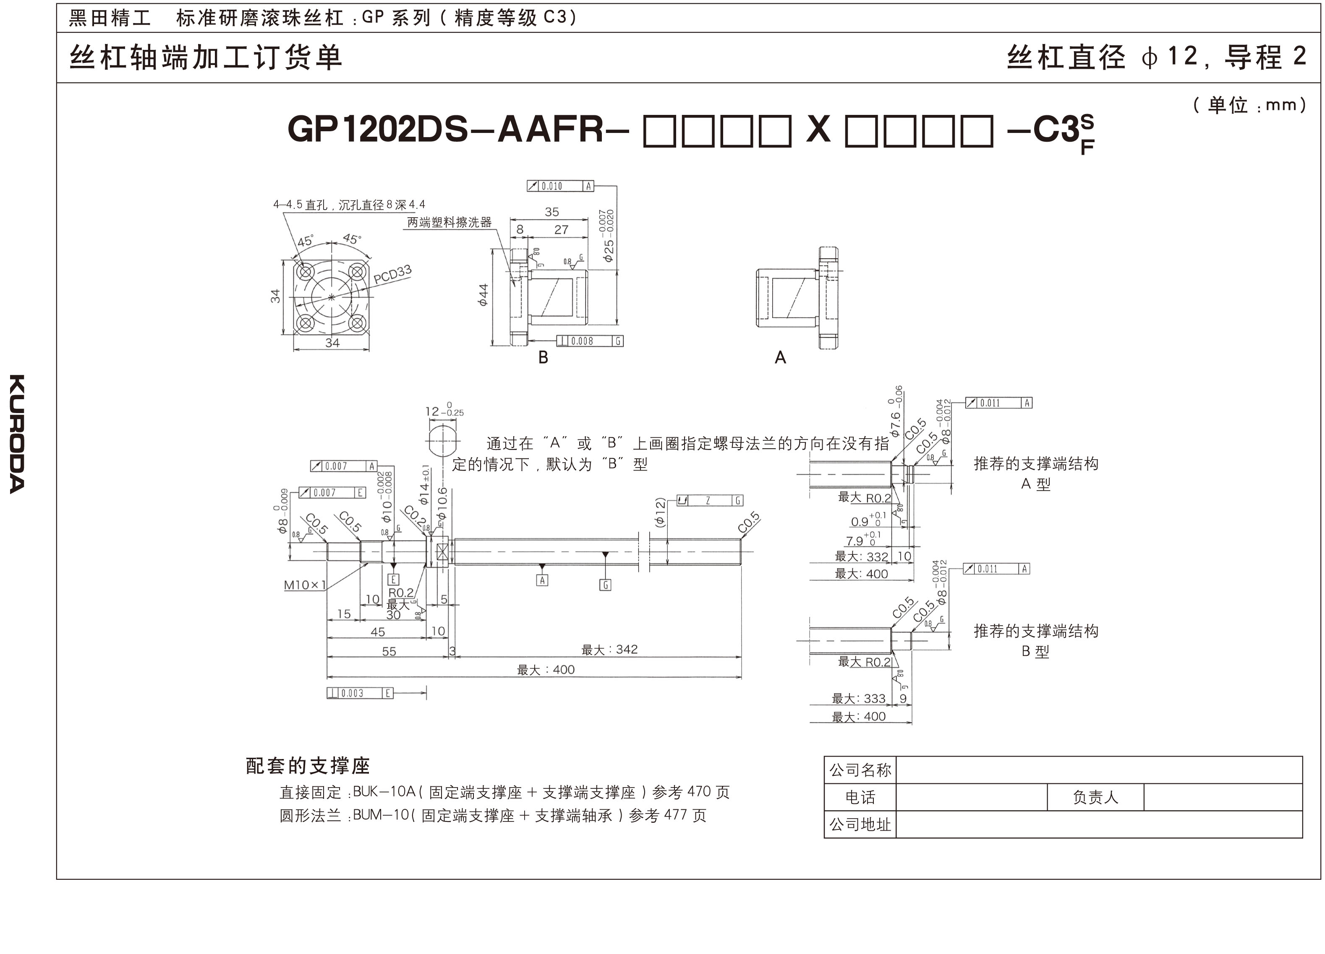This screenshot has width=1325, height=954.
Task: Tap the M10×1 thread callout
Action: pos(304,585)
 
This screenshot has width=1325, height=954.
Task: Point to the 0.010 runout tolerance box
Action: pos(560,186)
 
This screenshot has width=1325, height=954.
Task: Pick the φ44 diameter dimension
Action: pos(483,295)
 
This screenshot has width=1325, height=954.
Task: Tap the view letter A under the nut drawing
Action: pos(780,358)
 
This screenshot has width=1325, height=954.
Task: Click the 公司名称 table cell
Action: pos(860,770)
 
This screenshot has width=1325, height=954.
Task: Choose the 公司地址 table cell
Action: pos(860,824)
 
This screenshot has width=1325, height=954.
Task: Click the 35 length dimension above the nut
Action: pos(551,212)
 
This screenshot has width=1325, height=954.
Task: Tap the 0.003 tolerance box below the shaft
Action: pos(359,693)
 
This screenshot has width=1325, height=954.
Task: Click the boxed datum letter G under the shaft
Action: pos(605,585)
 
